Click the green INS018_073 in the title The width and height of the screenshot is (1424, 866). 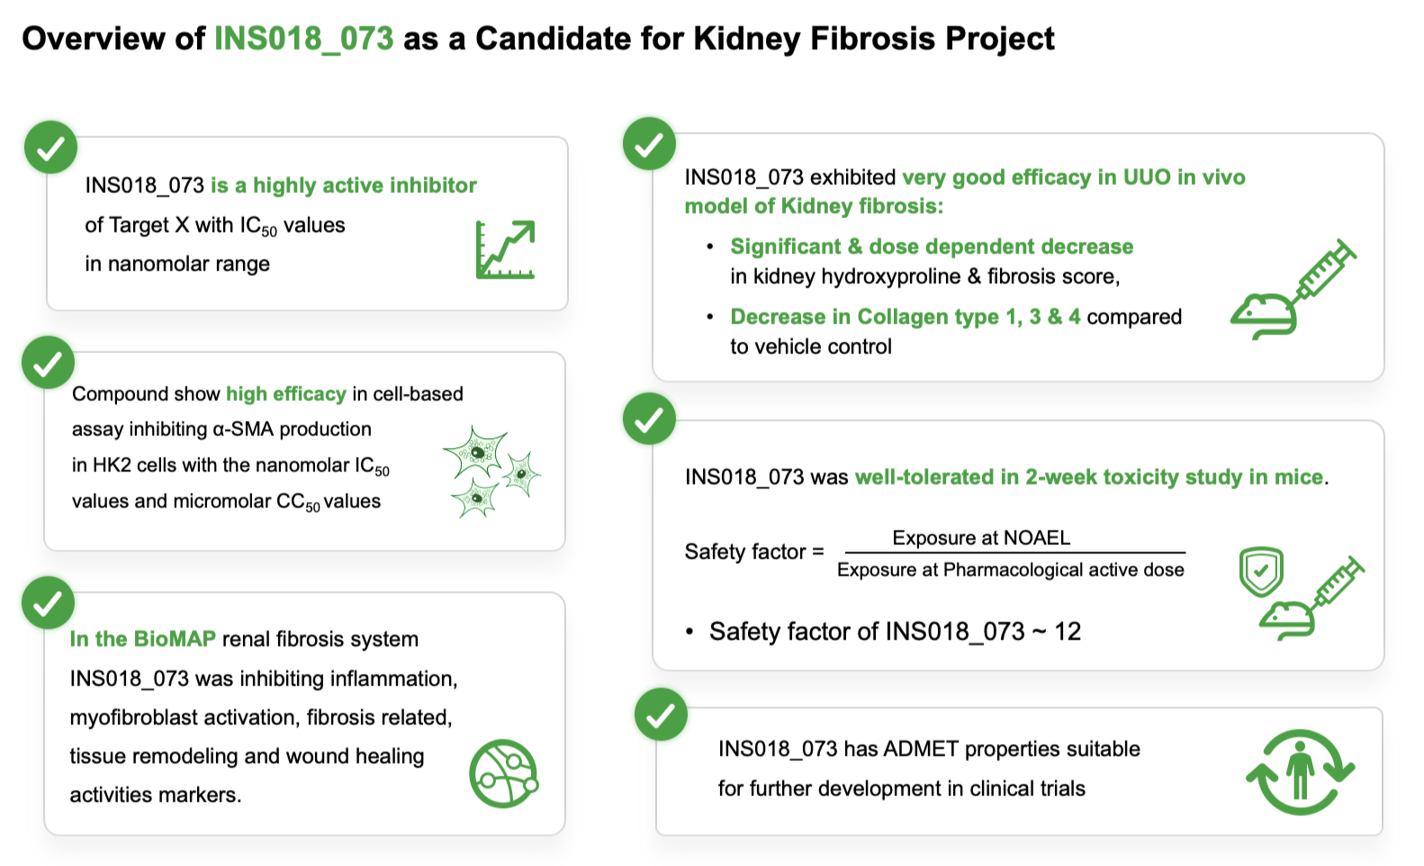point(303,39)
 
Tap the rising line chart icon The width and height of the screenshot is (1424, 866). point(505,249)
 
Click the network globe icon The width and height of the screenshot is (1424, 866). point(503,774)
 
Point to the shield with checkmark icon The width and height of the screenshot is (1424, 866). point(1261,572)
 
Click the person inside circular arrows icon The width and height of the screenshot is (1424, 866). point(1300,772)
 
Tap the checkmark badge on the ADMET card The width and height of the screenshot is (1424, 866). point(661,715)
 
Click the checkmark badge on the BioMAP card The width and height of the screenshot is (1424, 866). point(48,603)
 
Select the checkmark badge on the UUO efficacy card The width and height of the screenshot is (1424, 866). point(649,144)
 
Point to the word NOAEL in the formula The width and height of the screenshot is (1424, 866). point(1037,538)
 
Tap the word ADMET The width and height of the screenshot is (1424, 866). point(921,749)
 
